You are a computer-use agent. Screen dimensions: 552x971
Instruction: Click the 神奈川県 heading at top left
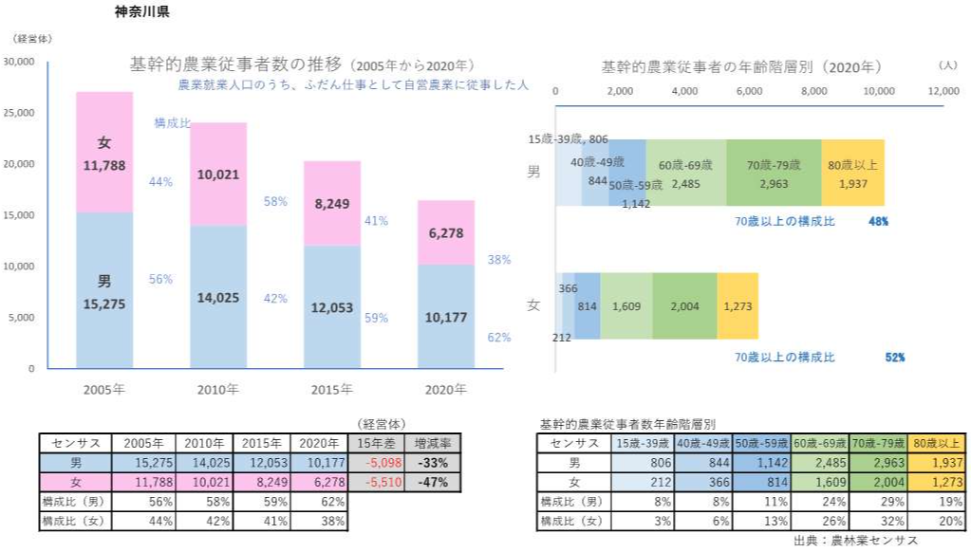pos(142,13)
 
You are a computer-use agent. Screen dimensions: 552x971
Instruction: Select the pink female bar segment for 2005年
pos(104,152)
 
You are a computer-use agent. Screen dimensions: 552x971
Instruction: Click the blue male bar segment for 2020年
pos(445,317)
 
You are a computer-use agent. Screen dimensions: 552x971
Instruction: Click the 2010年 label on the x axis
pos(218,389)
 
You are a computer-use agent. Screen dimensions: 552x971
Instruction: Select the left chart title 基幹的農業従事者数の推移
pos(235,65)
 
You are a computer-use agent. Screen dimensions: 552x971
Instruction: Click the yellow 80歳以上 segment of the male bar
pos(852,173)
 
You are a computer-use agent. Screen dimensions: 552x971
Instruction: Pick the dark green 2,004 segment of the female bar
pos(683,306)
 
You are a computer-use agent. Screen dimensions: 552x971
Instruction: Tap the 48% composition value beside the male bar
pos(878,221)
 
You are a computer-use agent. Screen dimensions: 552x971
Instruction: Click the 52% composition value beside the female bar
pos(894,358)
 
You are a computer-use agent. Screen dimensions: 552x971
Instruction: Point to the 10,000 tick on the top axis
pos(879,91)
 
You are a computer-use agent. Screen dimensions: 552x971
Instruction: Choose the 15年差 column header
pos(378,444)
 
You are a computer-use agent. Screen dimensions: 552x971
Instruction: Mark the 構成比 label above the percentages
pos(172,122)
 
